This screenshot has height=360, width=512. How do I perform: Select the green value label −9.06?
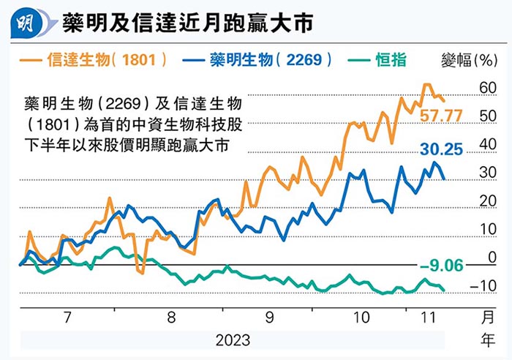point(441,266)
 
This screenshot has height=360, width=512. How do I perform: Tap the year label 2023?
point(233,341)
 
